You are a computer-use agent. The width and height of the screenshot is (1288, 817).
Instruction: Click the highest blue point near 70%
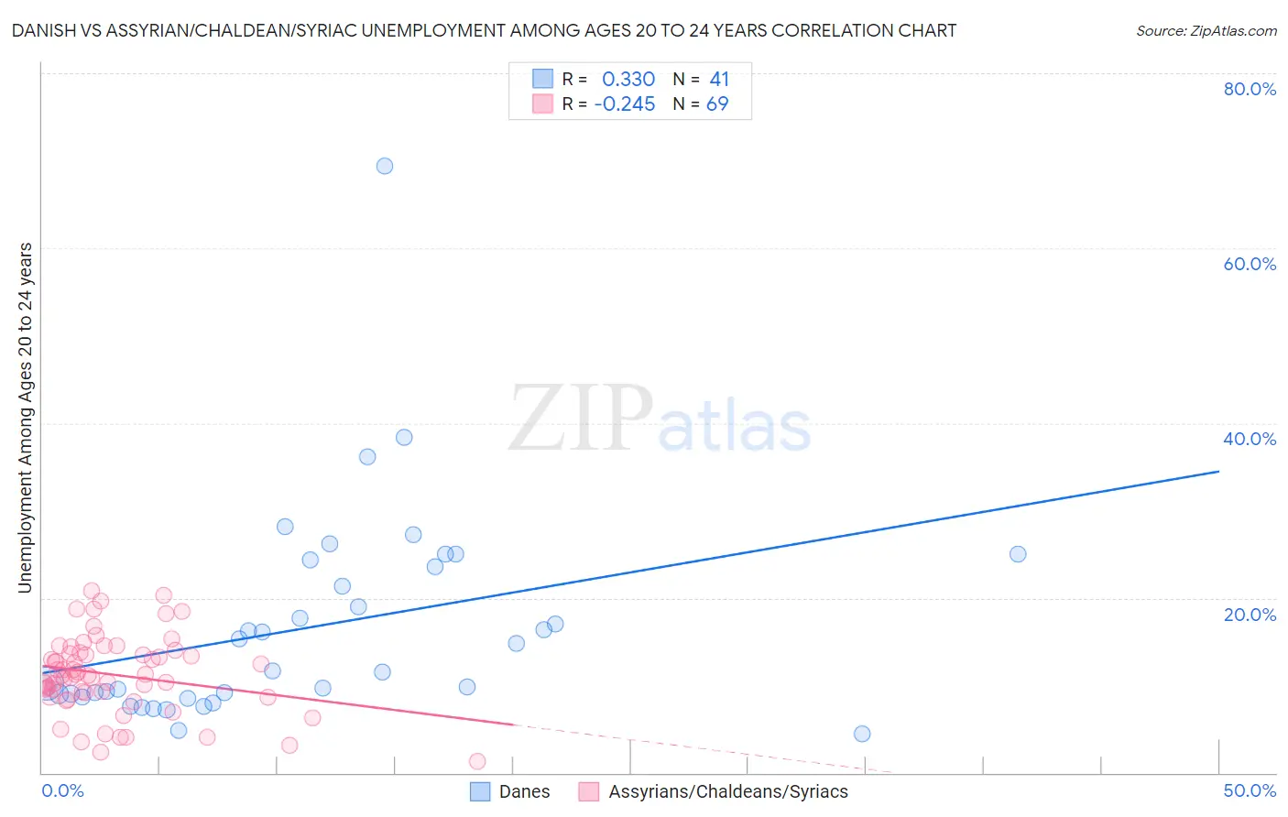pyautogui.click(x=385, y=166)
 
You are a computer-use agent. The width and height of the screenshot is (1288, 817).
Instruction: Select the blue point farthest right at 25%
pyautogui.click(x=1018, y=554)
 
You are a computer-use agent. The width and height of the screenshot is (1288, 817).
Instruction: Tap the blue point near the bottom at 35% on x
pyautogui.click(x=862, y=734)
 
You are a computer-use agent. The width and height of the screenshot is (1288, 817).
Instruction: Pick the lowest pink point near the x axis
pyautogui.click(x=477, y=761)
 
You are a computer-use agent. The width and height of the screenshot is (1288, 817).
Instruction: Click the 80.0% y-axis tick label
pyautogui.click(x=1250, y=89)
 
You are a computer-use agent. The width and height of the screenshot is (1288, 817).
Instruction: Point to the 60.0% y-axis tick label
pyautogui.click(x=1250, y=264)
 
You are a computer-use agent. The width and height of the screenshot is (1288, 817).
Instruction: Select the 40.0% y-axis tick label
pyautogui.click(x=1250, y=439)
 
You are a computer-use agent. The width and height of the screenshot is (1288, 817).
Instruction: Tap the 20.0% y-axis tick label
pyautogui.click(x=1250, y=615)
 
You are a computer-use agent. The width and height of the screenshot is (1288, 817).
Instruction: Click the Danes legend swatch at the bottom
pyautogui.click(x=481, y=791)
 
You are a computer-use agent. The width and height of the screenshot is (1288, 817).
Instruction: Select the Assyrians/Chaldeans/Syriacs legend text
pyautogui.click(x=728, y=791)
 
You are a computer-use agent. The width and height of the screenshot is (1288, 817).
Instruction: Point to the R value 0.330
pyautogui.click(x=628, y=79)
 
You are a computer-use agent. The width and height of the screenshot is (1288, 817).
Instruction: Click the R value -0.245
pyautogui.click(x=625, y=104)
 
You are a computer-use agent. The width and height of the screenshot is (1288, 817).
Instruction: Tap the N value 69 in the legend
pyautogui.click(x=717, y=104)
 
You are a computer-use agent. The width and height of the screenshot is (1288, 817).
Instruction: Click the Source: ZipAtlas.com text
pyautogui.click(x=1206, y=31)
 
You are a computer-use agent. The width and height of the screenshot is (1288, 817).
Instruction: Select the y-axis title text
pyautogui.click(x=26, y=418)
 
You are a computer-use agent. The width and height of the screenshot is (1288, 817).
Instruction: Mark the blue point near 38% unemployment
pyautogui.click(x=404, y=437)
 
